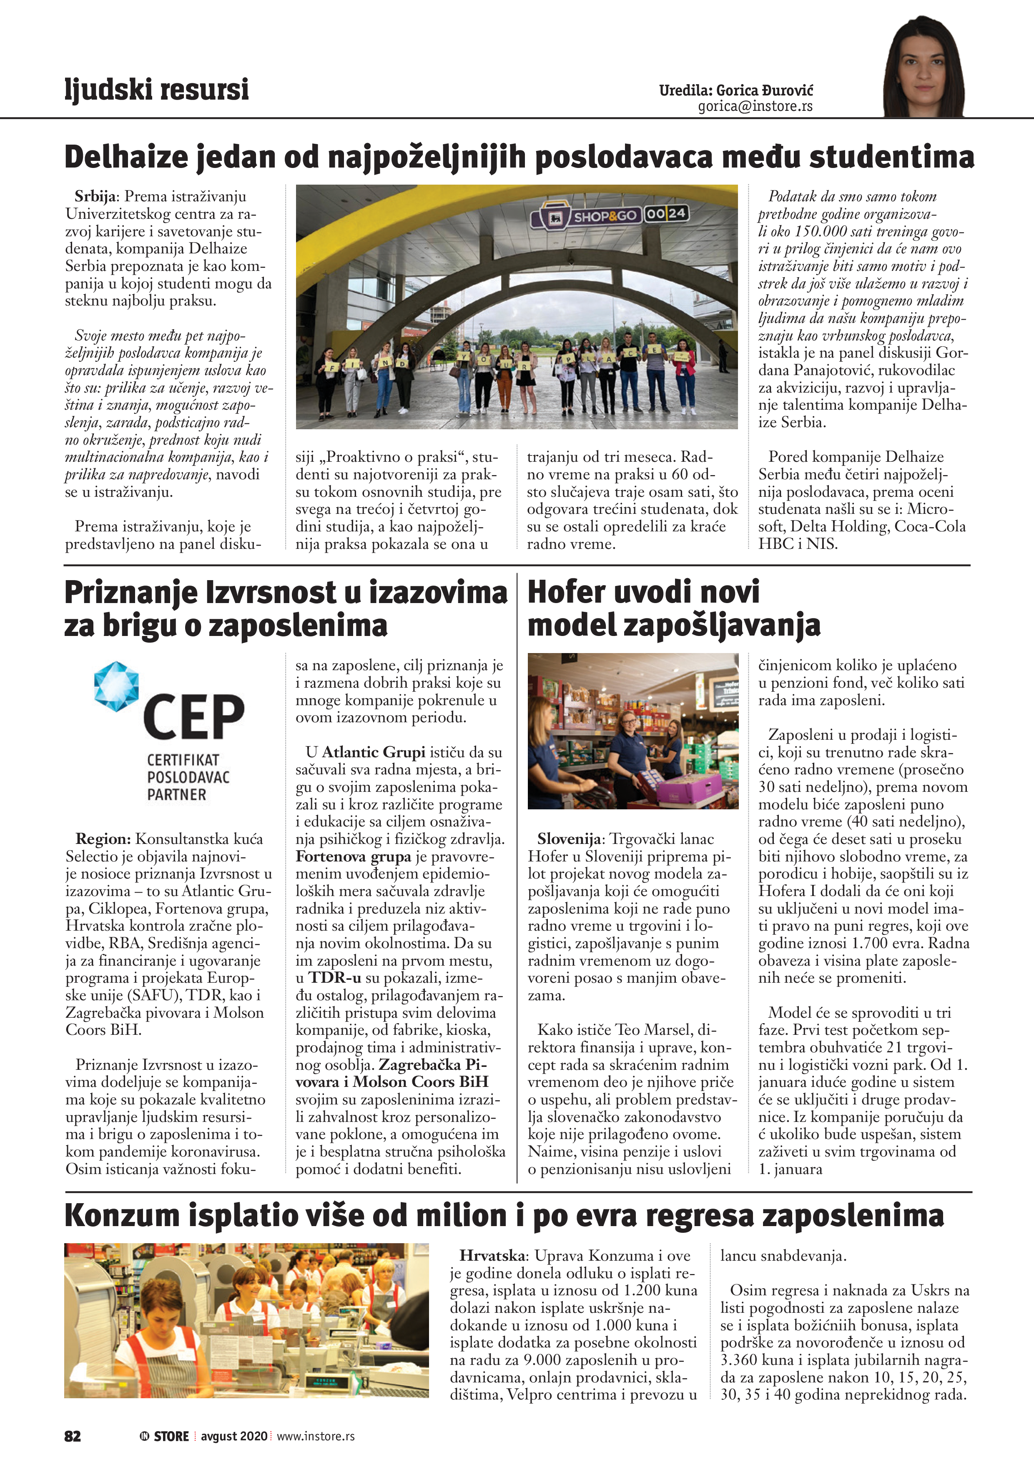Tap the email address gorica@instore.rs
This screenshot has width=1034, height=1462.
755,106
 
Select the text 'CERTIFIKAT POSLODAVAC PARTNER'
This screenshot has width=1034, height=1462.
179,777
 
